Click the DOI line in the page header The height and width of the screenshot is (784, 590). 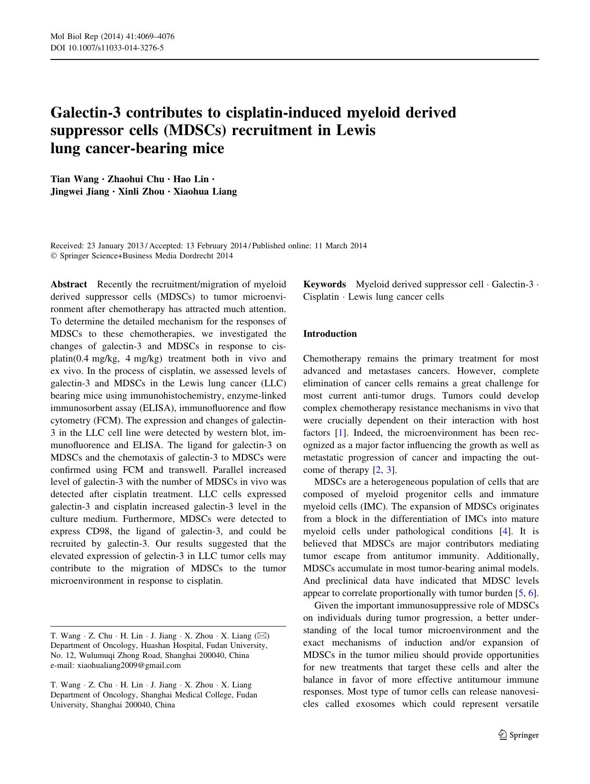pos(107,48)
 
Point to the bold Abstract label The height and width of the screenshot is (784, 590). pos(69,284)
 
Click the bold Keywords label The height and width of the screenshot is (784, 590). pos(325,284)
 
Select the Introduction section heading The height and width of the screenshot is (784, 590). pos(330,333)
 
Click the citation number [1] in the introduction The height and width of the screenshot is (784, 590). pos(340,433)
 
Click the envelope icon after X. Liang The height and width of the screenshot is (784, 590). pos(262,636)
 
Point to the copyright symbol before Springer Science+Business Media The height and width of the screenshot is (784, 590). pos(53,256)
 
